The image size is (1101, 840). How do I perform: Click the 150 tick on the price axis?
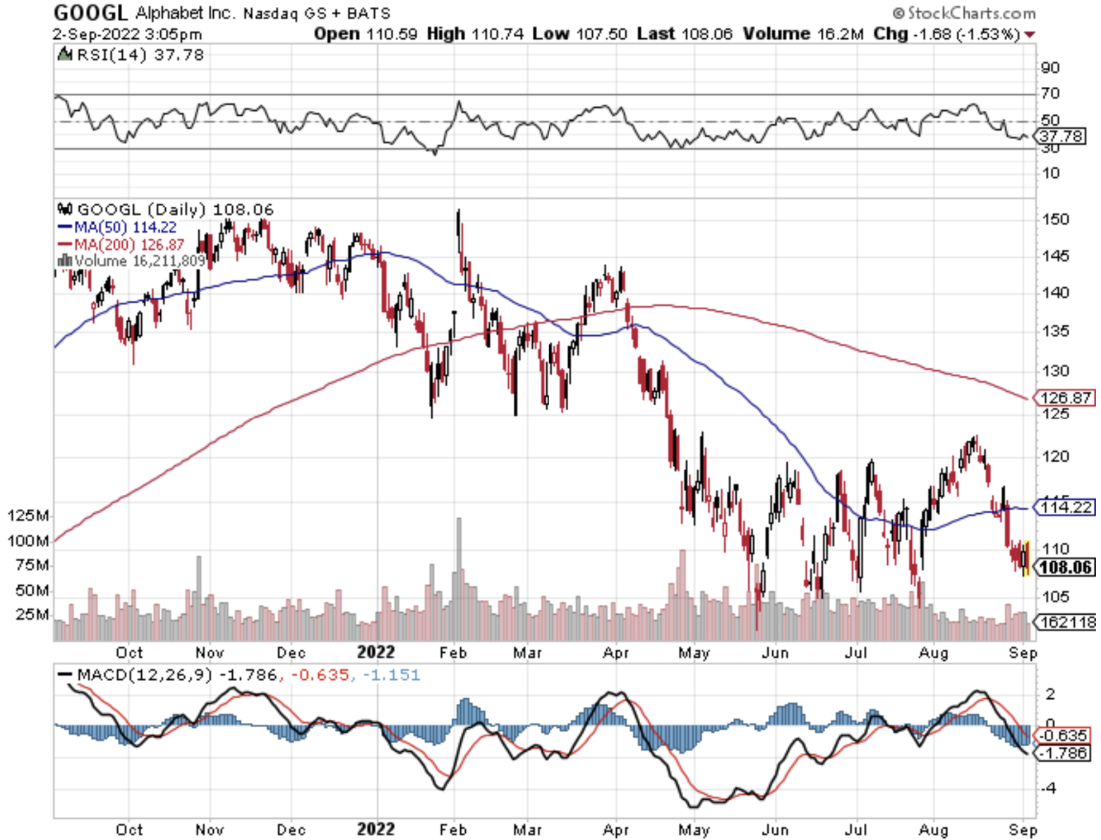(x=1056, y=220)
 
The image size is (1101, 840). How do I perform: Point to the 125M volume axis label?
(x=28, y=515)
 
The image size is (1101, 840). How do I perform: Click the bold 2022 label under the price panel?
(x=375, y=652)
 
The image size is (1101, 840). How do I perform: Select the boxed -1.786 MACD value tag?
(x=1064, y=753)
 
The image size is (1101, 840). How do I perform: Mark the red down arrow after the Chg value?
(x=1030, y=35)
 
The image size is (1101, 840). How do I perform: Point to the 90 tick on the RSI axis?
(x=1050, y=68)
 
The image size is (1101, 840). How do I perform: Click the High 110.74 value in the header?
(x=475, y=34)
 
